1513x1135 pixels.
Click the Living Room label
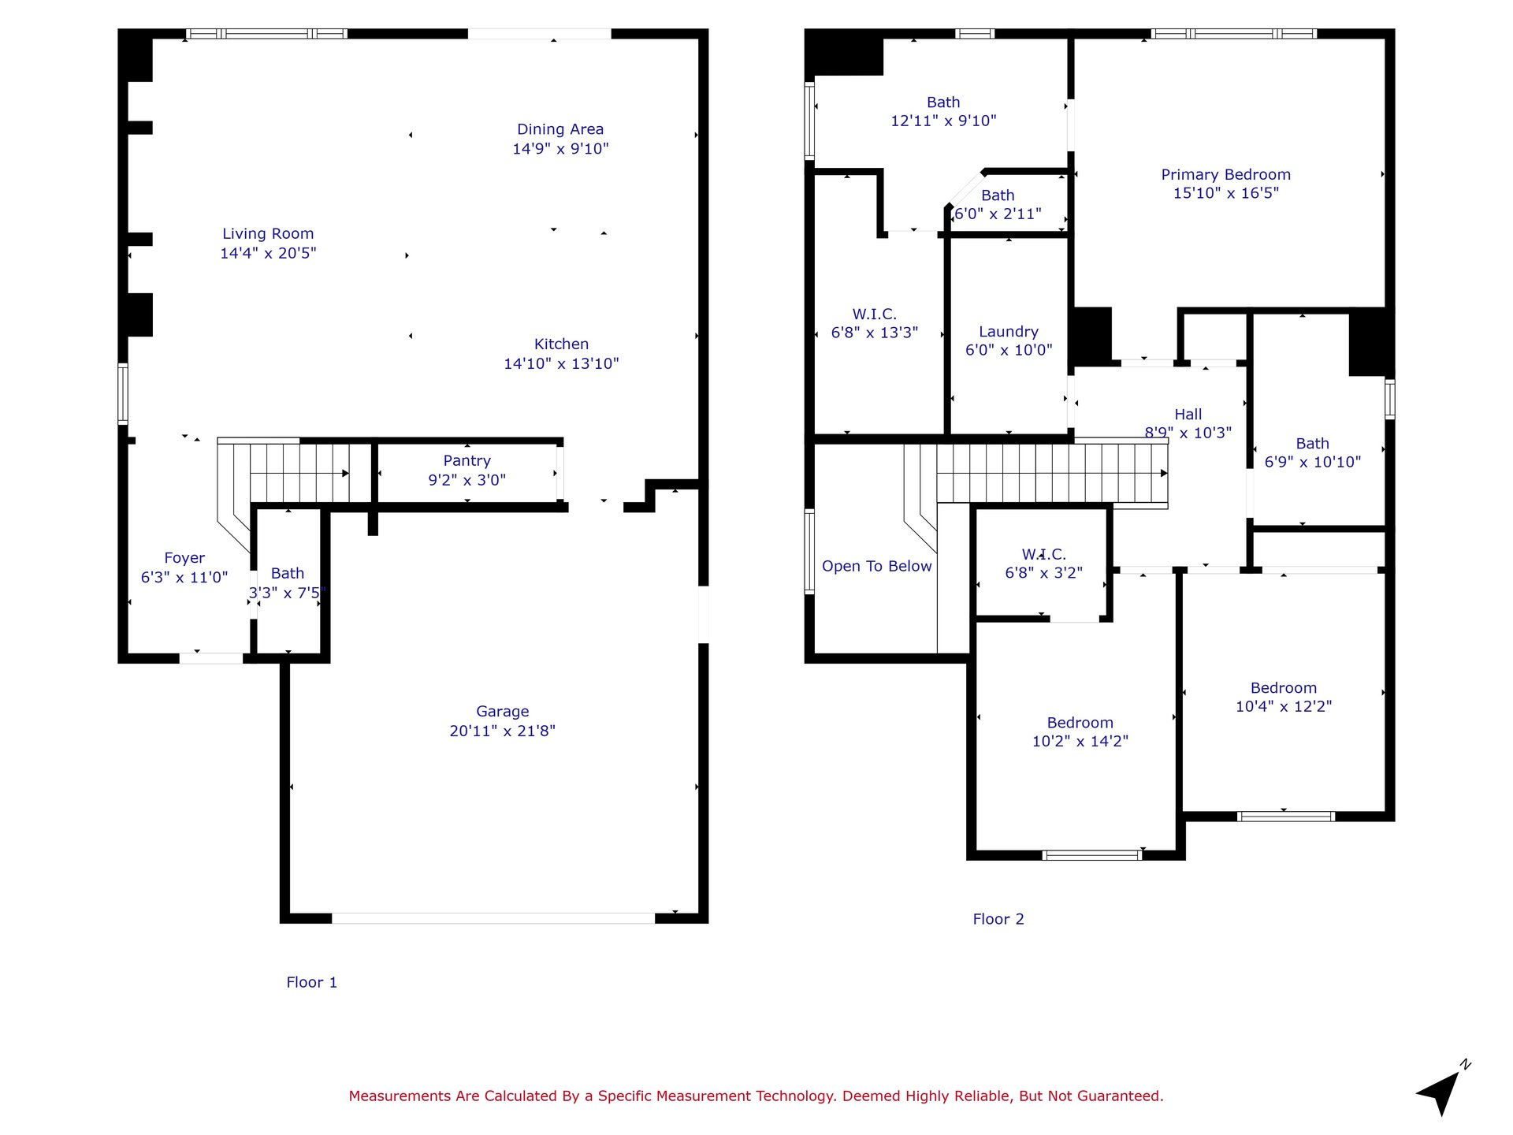pyautogui.click(x=268, y=234)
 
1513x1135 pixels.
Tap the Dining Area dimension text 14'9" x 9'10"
pyautogui.click(x=560, y=149)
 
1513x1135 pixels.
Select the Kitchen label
pyautogui.click(x=561, y=344)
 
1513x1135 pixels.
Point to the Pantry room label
pyautogui.click(x=467, y=461)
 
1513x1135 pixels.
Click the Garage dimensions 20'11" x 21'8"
pyautogui.click(x=503, y=731)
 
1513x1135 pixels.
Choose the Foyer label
pyautogui.click(x=184, y=559)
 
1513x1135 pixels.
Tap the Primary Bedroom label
pyautogui.click(x=1226, y=175)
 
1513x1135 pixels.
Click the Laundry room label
pyautogui.click(x=1009, y=332)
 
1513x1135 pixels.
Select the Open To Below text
pyautogui.click(x=877, y=566)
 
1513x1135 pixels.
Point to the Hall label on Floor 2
pyautogui.click(x=1188, y=415)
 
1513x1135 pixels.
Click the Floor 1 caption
pyautogui.click(x=311, y=982)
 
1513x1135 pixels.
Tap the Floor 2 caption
pyautogui.click(x=998, y=919)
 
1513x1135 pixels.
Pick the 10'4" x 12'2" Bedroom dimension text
pyautogui.click(x=1284, y=707)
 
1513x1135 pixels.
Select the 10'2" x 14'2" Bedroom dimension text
pyautogui.click(x=1080, y=742)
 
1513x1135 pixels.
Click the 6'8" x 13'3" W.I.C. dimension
pyautogui.click(x=875, y=333)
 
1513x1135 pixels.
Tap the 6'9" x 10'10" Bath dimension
pyautogui.click(x=1313, y=463)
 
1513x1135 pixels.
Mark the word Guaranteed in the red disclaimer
pyautogui.click(x=1122, y=1096)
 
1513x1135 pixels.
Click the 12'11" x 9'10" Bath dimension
pyautogui.click(x=943, y=121)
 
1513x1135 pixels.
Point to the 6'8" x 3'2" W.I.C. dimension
pyautogui.click(x=1043, y=573)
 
